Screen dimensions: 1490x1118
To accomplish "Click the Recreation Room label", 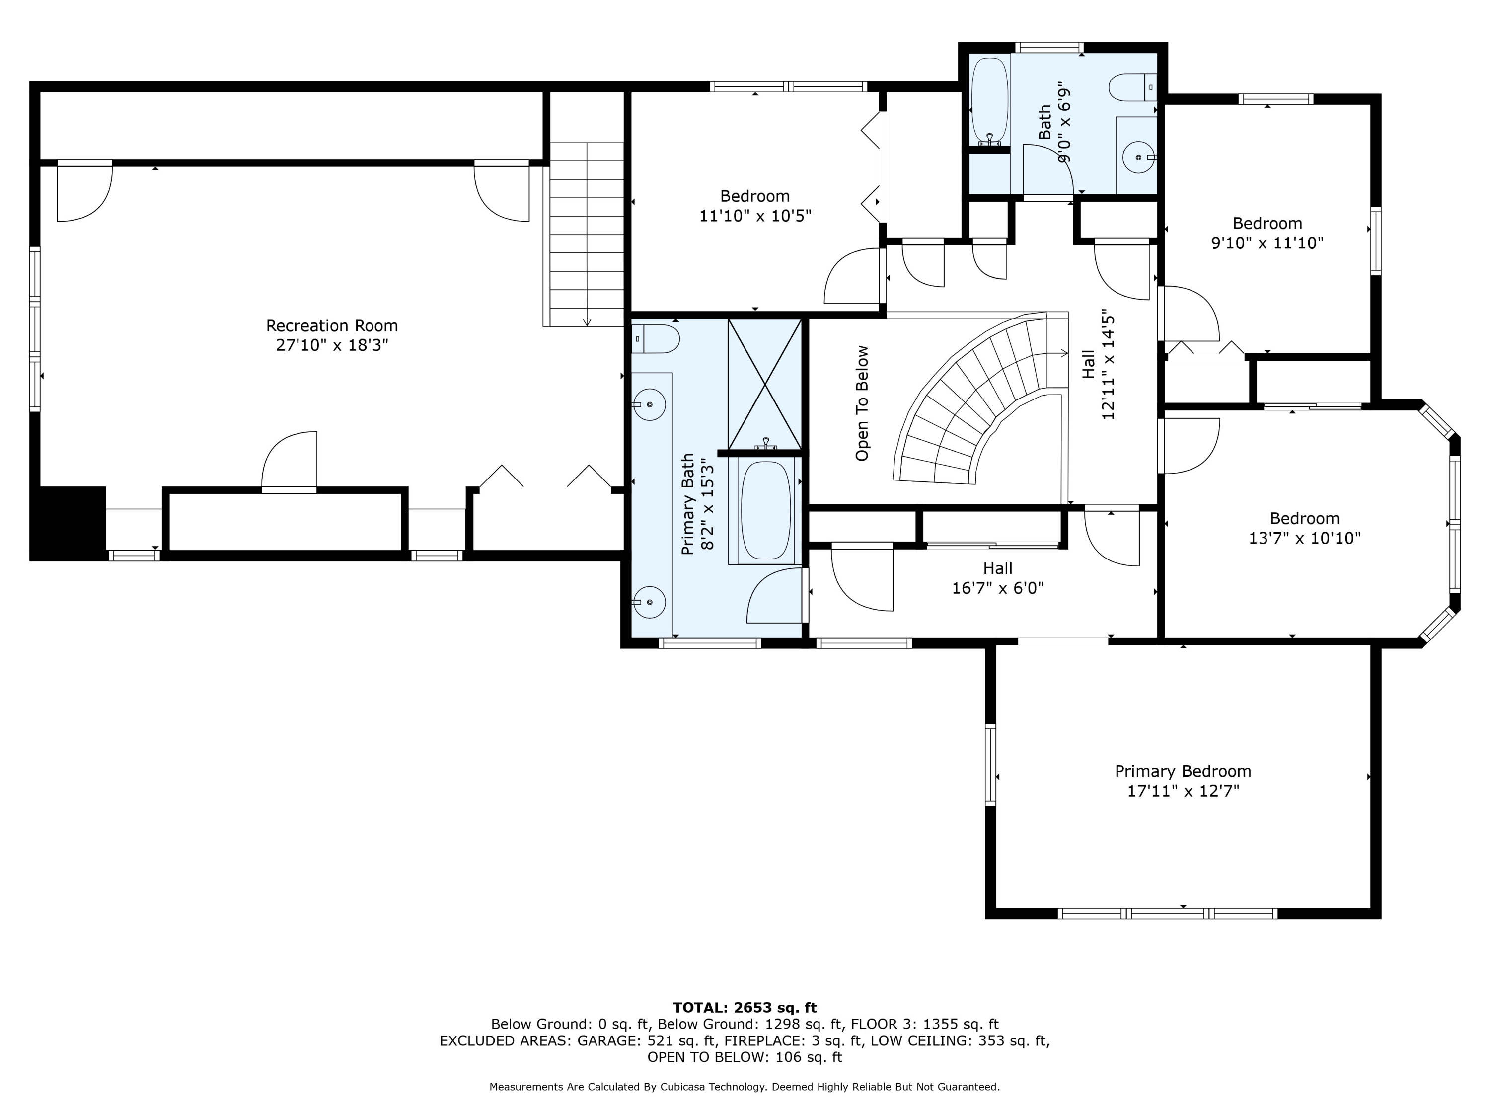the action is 332,326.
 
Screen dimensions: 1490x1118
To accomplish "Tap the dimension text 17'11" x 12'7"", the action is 1184,791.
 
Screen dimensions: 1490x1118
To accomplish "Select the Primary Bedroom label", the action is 1183,771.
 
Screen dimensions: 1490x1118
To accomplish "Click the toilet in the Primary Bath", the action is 656,339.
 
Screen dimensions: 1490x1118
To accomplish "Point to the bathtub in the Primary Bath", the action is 766,510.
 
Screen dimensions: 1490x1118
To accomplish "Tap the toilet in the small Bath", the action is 1132,87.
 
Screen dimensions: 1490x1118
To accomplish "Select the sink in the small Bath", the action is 1138,157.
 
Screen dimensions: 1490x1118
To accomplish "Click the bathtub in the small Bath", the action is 989,101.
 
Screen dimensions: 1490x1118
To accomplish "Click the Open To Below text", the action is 862,403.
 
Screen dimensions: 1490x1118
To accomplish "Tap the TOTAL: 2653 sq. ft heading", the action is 745,1008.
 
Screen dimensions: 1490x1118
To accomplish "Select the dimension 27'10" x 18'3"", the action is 332,345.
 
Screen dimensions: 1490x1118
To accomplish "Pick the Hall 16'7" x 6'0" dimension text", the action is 998,588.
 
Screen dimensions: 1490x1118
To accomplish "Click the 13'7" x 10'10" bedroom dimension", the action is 1305,538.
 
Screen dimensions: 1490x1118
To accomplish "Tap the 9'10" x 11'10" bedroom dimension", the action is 1267,242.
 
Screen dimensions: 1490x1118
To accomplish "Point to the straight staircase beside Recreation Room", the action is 587,234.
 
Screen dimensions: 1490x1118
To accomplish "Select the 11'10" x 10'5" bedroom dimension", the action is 755,216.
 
